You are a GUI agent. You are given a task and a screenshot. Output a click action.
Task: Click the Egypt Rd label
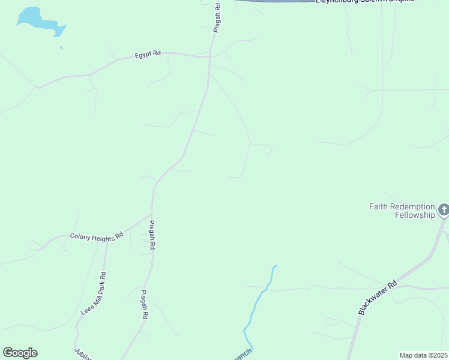[x=148, y=53]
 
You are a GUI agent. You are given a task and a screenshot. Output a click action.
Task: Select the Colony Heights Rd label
[x=96, y=237]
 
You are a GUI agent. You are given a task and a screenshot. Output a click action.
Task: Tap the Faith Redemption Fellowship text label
[x=402, y=211]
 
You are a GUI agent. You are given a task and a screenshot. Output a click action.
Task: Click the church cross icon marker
[x=443, y=210]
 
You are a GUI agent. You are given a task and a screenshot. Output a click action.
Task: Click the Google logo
[x=20, y=353]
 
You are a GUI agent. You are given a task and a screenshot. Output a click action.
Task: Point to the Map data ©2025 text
[x=423, y=355]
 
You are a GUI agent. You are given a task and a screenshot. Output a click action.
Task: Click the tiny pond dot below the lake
[x=61, y=47]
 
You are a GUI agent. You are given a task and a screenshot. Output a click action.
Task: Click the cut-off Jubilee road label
[x=82, y=353]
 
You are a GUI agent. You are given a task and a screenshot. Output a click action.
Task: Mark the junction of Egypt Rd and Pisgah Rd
[x=209, y=56]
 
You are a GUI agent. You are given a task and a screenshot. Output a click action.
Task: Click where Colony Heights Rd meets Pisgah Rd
[x=151, y=214]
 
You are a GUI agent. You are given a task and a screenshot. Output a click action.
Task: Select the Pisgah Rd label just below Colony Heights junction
[x=152, y=235]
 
